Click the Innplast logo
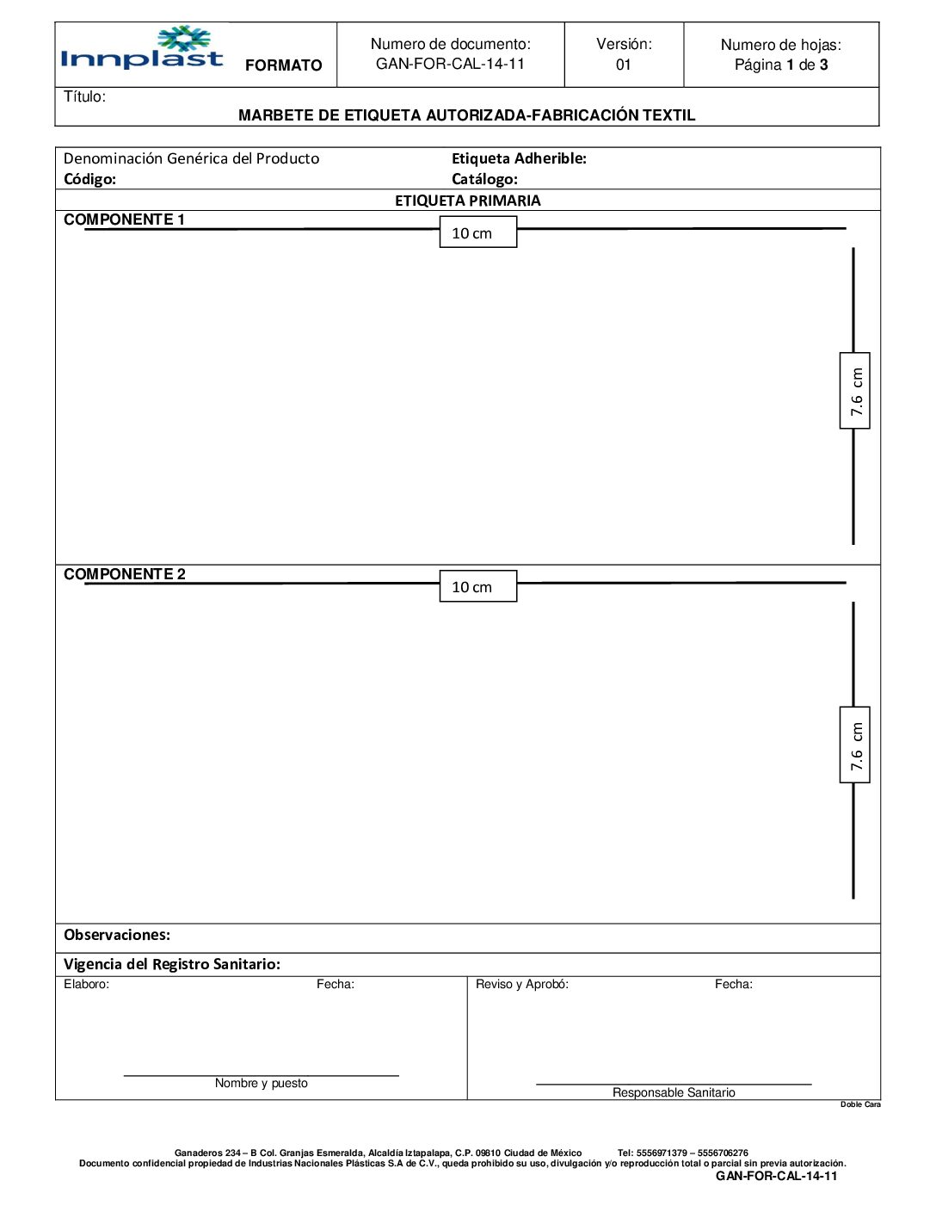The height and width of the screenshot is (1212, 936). (x=143, y=48)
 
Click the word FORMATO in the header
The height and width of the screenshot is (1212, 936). (x=283, y=65)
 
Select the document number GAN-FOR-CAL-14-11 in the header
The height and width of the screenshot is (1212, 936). (x=450, y=64)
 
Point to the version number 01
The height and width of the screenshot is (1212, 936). (x=624, y=65)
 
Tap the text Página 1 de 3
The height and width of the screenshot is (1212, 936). (x=780, y=65)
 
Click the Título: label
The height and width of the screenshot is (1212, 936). (x=84, y=96)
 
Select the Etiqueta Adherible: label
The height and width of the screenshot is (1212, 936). (x=519, y=158)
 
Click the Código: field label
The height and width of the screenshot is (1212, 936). (x=89, y=179)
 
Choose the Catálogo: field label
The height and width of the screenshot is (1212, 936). (x=484, y=179)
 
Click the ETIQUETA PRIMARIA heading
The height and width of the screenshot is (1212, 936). (x=467, y=201)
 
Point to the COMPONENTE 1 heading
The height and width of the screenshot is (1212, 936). (x=124, y=220)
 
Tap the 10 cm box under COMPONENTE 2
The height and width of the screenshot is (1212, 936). (x=477, y=586)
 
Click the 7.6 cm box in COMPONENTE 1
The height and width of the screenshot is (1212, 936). (x=854, y=391)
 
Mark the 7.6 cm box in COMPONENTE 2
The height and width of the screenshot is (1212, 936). (x=854, y=745)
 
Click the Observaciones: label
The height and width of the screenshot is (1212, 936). (x=117, y=935)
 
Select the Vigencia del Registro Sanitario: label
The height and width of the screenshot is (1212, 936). (x=172, y=964)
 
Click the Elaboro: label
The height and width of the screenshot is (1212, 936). (x=86, y=984)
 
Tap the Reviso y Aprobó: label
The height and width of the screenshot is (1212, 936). (x=521, y=984)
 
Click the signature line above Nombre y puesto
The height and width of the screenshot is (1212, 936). (x=261, y=1075)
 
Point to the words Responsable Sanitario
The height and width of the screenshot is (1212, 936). (x=674, y=1092)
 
